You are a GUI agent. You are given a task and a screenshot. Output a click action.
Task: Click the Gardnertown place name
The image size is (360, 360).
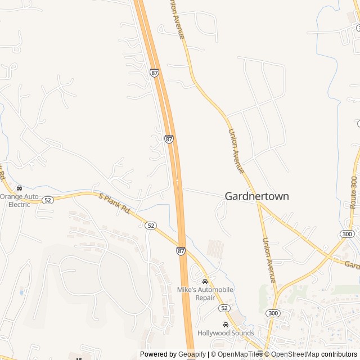click(x=256, y=196)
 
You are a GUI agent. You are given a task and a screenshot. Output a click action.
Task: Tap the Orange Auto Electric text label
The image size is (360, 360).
click(x=19, y=200)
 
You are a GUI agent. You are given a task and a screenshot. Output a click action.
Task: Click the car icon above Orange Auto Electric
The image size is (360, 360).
click(x=20, y=188)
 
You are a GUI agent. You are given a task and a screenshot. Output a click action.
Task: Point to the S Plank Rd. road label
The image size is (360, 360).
click(x=115, y=204)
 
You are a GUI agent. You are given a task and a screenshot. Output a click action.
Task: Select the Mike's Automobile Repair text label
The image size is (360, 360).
click(x=205, y=294)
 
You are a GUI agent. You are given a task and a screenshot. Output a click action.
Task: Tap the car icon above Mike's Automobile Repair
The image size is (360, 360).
click(x=205, y=281)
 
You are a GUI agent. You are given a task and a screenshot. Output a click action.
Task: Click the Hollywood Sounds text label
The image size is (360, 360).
click(x=226, y=333)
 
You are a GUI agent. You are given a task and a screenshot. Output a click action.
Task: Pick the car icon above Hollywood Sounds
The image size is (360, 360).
click(x=226, y=325)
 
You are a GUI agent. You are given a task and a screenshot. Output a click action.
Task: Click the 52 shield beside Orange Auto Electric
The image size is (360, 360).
click(x=47, y=200)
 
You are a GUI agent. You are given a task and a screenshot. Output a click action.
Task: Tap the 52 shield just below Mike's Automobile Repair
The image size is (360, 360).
click(x=224, y=308)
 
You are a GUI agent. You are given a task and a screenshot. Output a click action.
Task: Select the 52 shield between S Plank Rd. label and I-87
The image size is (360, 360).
click(x=150, y=226)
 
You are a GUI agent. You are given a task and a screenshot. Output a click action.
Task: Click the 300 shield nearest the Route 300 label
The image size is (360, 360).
click(x=347, y=234)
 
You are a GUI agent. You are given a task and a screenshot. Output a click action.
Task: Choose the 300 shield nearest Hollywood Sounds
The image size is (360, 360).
click(x=273, y=313)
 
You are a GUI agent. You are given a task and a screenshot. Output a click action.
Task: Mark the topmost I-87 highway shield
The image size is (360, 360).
click(x=155, y=73)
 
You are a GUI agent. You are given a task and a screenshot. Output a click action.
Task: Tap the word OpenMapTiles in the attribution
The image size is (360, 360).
click(x=239, y=354)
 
